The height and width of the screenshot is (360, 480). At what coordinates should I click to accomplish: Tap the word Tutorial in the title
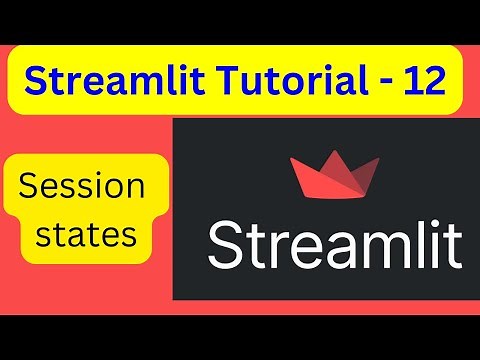(265, 79)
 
